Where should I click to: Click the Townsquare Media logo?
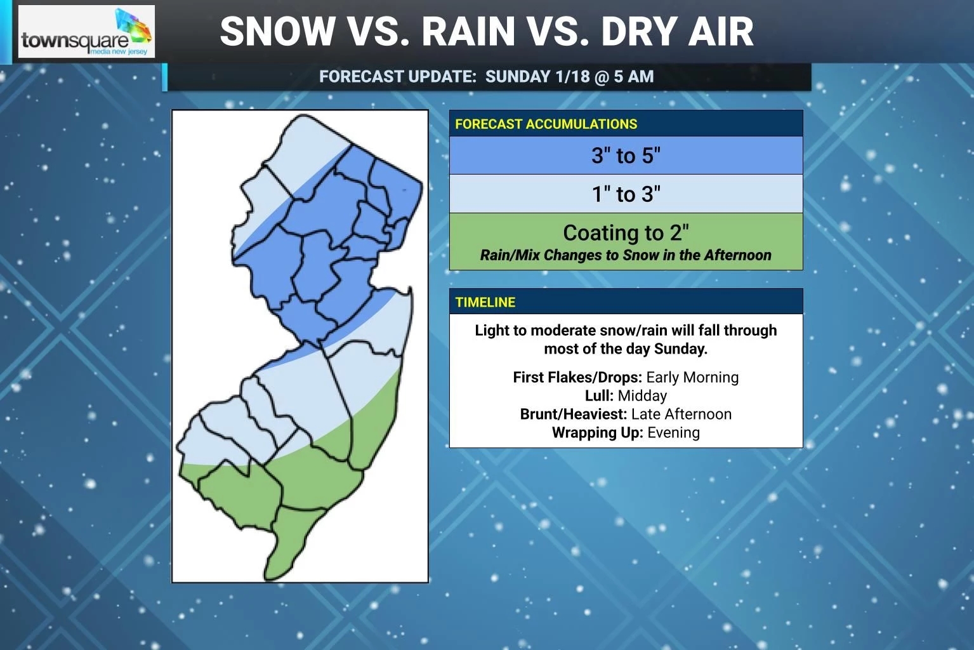(86, 32)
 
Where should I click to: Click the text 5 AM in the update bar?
(633, 77)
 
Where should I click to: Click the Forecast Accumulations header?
(546, 124)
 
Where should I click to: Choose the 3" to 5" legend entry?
(626, 156)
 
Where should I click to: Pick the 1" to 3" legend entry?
(626, 194)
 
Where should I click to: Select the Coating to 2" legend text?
(626, 233)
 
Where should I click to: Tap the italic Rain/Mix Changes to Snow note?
(626, 255)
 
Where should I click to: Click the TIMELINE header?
(485, 302)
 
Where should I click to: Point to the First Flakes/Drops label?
(577, 378)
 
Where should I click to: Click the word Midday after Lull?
(642, 396)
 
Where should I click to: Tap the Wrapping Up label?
(597, 433)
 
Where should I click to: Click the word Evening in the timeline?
(673, 433)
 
